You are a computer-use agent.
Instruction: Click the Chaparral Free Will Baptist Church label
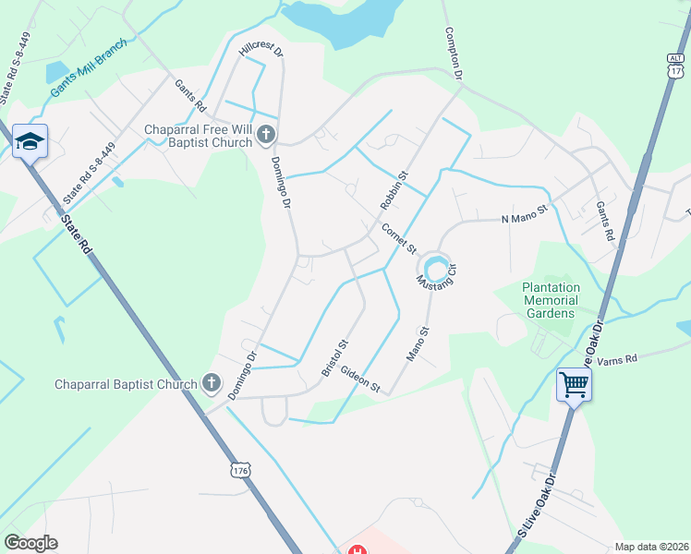pyautogui.click(x=198, y=136)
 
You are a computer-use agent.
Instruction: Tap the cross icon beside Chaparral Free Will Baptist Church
pyautogui.click(x=265, y=136)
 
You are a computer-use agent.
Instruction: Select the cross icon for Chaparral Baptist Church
pyautogui.click(x=211, y=383)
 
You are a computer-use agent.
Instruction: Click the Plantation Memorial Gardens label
pyautogui.click(x=551, y=300)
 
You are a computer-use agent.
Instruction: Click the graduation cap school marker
pyautogui.click(x=30, y=141)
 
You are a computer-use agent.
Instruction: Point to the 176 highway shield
pyautogui.click(x=241, y=471)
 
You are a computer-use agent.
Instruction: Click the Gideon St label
pyautogui.click(x=360, y=379)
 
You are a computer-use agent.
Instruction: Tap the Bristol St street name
pyautogui.click(x=334, y=357)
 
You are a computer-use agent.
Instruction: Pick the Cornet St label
pyautogui.click(x=400, y=238)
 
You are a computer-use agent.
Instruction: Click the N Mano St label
pyautogui.click(x=525, y=219)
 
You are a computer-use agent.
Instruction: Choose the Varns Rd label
pyautogui.click(x=618, y=358)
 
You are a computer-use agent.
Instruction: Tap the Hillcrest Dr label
pyautogui.click(x=260, y=48)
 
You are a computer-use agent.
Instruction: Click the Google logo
pyautogui.click(x=30, y=543)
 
